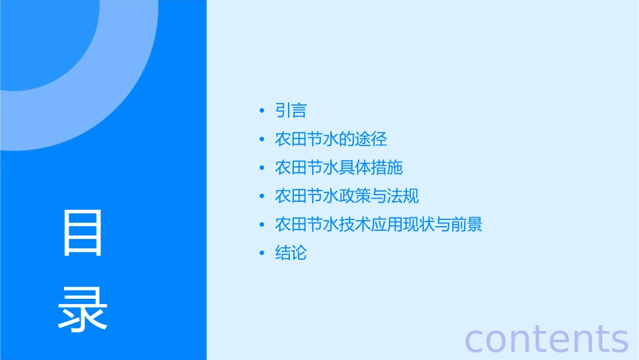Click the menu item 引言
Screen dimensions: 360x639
[291, 110]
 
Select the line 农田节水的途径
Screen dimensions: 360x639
[331, 139]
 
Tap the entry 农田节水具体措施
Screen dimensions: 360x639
[339, 168]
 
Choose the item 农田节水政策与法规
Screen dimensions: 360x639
[347, 196]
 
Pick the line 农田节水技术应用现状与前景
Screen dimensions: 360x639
[379, 224]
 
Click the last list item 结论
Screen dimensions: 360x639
[291, 253]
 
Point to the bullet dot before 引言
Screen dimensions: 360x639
[262, 111]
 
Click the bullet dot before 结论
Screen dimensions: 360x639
[262, 254]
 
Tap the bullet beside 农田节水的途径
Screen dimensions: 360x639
[262, 140]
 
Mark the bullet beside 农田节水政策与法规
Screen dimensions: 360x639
[262, 196]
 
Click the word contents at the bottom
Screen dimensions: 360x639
[547, 338]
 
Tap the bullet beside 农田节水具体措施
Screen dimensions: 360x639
[262, 168]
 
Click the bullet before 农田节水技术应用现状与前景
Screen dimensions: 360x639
[262, 225]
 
